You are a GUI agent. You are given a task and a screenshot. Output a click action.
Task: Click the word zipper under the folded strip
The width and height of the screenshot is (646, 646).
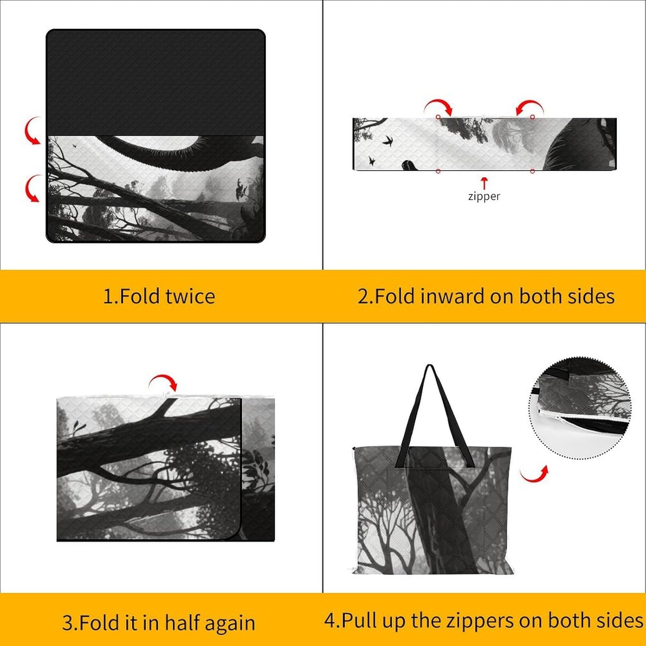pyautogui.click(x=484, y=196)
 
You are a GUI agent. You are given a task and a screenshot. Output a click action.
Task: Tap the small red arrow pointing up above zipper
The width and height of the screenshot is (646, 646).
pyautogui.click(x=484, y=183)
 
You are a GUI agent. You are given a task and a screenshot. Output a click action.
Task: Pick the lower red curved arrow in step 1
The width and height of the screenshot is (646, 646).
pyautogui.click(x=32, y=189)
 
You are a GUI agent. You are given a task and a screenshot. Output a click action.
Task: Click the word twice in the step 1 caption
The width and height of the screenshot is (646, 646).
pyautogui.click(x=190, y=296)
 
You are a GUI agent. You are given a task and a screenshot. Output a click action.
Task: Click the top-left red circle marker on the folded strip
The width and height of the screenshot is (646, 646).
pyautogui.click(x=438, y=117)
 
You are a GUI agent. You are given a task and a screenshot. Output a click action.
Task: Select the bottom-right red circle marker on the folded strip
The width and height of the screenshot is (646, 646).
pyautogui.click(x=532, y=171)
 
